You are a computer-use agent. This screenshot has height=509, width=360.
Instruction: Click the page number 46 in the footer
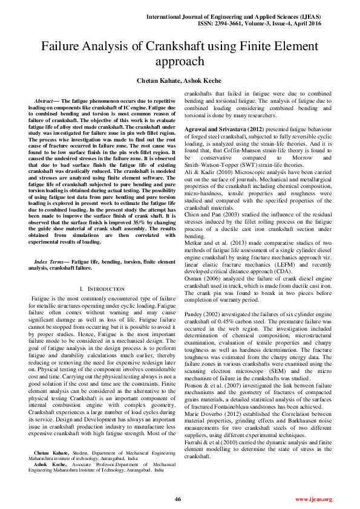click(x=178, y=499)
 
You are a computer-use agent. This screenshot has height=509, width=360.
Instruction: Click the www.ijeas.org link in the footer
click(x=313, y=499)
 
